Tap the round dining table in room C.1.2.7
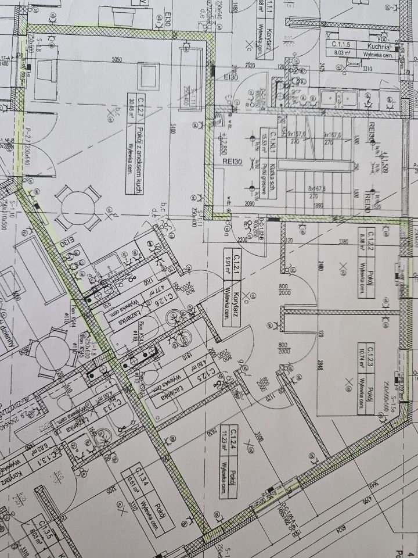click(x=79, y=206)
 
